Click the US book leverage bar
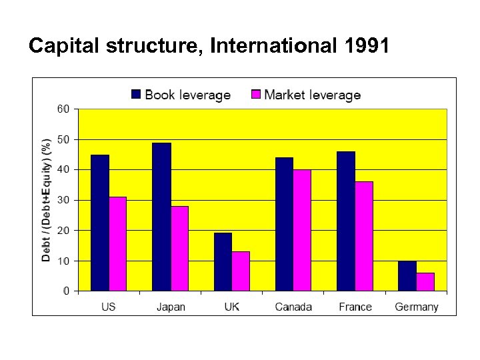[100, 223]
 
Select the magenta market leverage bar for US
[117, 244]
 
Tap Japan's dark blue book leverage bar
[161, 217]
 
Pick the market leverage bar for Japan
[179, 248]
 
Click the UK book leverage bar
[223, 262]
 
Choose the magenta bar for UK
[241, 271]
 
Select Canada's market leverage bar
[302, 230]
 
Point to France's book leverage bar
[346, 221]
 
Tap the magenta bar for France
[364, 236]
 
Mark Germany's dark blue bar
[407, 275]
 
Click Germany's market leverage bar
[425, 281]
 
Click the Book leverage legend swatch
[136, 95]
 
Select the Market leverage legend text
[312, 95]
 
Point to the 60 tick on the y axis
[63, 109]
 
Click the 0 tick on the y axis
[66, 291]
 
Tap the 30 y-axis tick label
[63, 200]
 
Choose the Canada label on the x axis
[293, 307]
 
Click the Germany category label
[417, 307]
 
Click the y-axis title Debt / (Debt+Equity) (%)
[47, 200]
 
